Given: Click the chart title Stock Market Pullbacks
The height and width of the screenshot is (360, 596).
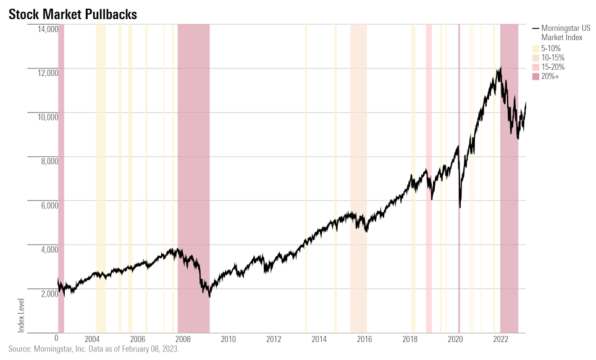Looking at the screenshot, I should click(73, 13).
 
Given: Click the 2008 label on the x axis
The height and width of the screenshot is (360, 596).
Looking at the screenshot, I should click(183, 338).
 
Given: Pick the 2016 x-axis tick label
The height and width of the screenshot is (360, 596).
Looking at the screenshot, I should click(364, 338).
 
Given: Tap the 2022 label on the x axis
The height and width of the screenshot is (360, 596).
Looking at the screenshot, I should click(500, 338).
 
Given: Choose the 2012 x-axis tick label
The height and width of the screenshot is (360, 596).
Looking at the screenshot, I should click(274, 338).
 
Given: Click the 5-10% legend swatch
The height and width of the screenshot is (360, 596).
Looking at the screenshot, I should click(535, 48).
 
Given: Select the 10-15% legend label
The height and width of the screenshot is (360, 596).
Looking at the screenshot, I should click(553, 57).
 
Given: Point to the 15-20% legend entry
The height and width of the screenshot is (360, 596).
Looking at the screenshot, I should click(553, 67).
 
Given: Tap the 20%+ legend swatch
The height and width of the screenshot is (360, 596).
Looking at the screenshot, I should click(535, 76).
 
